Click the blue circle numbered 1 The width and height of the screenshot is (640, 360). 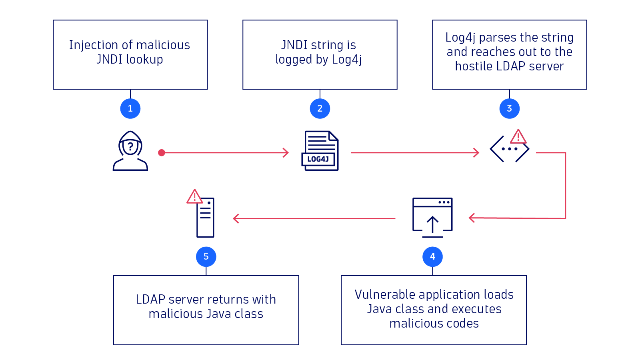[130, 108]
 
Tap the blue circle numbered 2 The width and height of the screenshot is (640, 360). [320, 108]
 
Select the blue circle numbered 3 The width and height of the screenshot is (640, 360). [509, 108]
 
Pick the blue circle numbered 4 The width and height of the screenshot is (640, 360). [432, 256]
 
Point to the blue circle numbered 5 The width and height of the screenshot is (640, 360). [206, 256]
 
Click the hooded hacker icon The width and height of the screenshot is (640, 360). [130, 151]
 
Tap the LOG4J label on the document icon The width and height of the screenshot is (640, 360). [318, 159]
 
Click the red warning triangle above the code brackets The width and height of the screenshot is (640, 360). [518, 137]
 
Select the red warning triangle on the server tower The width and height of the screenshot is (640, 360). [194, 197]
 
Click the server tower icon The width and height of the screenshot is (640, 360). [206, 218]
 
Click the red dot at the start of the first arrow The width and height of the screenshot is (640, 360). [162, 153]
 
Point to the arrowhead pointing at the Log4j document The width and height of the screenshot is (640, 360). [286, 153]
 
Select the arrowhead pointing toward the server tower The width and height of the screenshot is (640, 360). [236, 218]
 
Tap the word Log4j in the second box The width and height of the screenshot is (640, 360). [347, 60]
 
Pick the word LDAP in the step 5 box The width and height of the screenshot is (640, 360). [150, 300]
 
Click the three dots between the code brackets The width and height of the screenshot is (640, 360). [510, 149]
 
